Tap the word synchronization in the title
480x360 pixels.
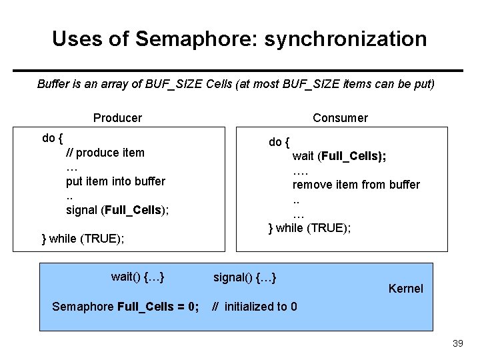345,39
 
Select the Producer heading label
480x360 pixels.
117,118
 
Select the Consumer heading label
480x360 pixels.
340,118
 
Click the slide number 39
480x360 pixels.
457,343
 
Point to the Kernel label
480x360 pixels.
405,289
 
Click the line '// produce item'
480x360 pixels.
105,153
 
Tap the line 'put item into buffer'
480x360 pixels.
115,181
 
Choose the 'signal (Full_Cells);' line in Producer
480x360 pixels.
117,210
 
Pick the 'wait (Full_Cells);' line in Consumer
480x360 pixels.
339,156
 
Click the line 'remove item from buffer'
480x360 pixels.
356,185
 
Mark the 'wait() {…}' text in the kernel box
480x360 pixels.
138,277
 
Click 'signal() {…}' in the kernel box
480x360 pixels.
245,277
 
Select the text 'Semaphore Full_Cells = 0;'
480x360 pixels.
125,307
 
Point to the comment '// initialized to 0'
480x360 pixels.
255,307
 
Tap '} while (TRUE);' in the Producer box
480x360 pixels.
83,239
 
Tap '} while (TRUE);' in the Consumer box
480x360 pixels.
309,228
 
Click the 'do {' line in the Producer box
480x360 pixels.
53,139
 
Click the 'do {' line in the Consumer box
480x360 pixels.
279,142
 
